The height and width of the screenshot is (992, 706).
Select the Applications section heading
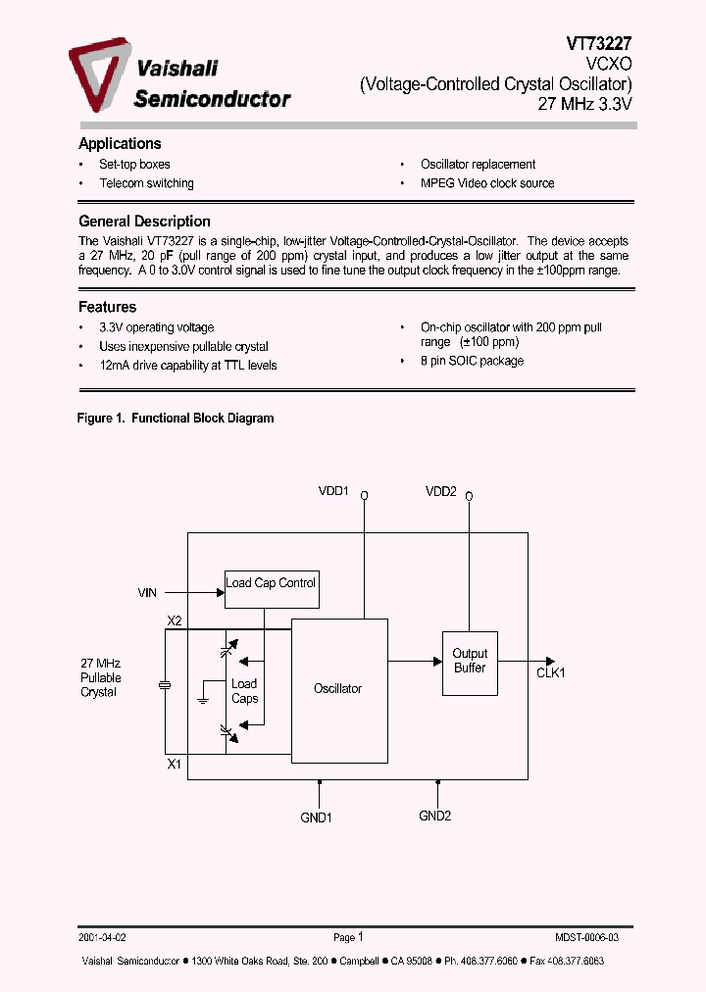click(x=120, y=144)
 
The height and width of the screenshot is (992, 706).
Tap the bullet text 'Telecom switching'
click(x=146, y=183)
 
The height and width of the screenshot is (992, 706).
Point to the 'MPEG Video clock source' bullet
click(x=487, y=183)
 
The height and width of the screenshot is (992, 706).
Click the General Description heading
click(x=144, y=222)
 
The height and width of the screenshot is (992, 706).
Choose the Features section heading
click(x=107, y=307)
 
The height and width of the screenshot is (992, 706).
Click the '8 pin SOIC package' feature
click(x=472, y=361)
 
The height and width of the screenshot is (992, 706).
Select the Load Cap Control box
click(x=272, y=589)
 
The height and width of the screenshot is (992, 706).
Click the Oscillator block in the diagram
click(x=339, y=689)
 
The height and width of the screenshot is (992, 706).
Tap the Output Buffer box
click(x=470, y=661)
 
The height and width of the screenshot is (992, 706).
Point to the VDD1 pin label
click(x=333, y=491)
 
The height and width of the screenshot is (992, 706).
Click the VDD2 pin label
click(x=441, y=491)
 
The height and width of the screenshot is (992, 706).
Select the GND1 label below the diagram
click(x=316, y=818)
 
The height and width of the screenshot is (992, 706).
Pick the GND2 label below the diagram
click(x=434, y=816)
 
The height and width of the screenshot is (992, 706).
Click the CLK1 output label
click(x=551, y=673)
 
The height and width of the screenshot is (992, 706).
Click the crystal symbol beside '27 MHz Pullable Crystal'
click(x=165, y=685)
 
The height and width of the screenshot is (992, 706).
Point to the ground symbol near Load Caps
click(x=201, y=699)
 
